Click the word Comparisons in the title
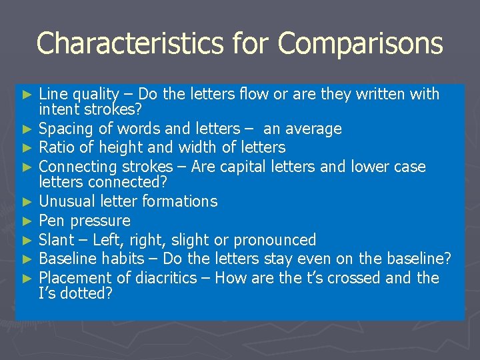pos(360,43)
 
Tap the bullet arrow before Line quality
pos(27,95)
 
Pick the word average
pos(313,128)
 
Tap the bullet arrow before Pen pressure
pos(27,221)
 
